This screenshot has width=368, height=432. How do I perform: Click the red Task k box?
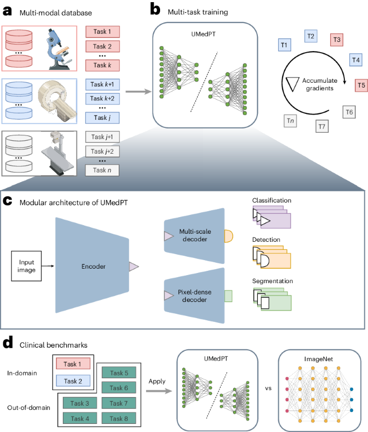[x=102, y=65]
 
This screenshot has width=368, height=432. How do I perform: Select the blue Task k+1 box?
[x=102, y=84]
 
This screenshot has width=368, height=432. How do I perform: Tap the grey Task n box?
[x=102, y=170]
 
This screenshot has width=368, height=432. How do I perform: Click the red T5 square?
[x=362, y=84]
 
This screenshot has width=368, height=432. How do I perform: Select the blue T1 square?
[x=285, y=45]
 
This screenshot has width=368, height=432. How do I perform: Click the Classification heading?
[x=272, y=200]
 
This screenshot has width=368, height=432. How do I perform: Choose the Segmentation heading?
[x=273, y=281]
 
